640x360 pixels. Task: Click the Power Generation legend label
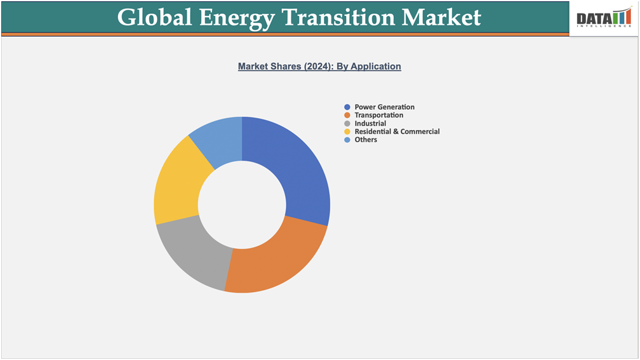pos(384,107)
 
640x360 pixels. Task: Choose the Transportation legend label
pos(378,116)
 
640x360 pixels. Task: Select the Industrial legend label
pos(370,123)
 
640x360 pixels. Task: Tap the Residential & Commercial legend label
pos(397,131)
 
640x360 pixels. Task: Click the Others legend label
pos(366,140)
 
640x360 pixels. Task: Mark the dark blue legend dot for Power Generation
pos(347,107)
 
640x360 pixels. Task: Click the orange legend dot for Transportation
pos(347,116)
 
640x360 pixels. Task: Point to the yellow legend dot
pos(347,131)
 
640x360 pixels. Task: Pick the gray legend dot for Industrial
pos(347,123)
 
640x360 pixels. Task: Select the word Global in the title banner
pos(153,17)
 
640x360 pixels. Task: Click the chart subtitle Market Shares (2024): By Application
pos(319,66)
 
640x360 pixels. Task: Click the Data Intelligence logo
pos(604,18)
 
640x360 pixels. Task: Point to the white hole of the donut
pos(242,204)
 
